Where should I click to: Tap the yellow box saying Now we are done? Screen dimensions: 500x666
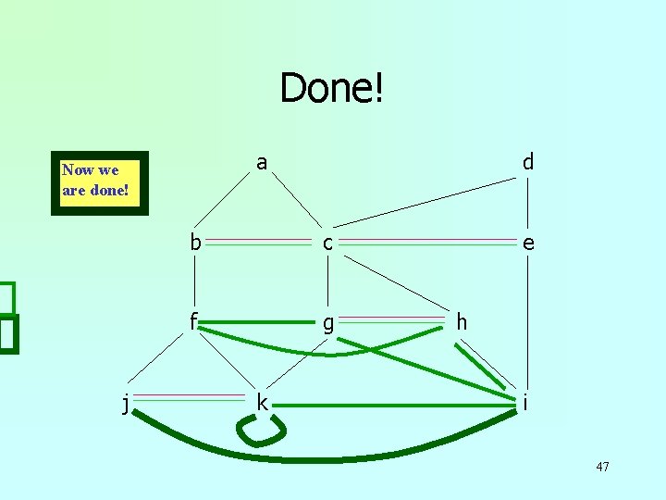click(x=100, y=182)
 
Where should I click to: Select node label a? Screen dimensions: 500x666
click(x=262, y=163)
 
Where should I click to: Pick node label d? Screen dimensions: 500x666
click(x=527, y=162)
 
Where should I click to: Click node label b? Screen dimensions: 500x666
click(x=195, y=243)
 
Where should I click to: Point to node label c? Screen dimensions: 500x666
click(x=327, y=244)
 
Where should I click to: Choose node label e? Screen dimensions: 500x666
click(x=527, y=244)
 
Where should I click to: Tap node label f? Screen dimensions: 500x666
click(x=194, y=321)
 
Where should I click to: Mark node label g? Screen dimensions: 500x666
click(x=327, y=324)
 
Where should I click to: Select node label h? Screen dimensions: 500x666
click(x=462, y=322)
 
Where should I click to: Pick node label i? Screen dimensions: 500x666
click(x=525, y=403)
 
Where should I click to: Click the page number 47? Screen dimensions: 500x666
click(x=602, y=467)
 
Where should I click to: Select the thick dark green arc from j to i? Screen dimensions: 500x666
click(x=324, y=456)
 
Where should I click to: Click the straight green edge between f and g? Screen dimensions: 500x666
click(x=259, y=322)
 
